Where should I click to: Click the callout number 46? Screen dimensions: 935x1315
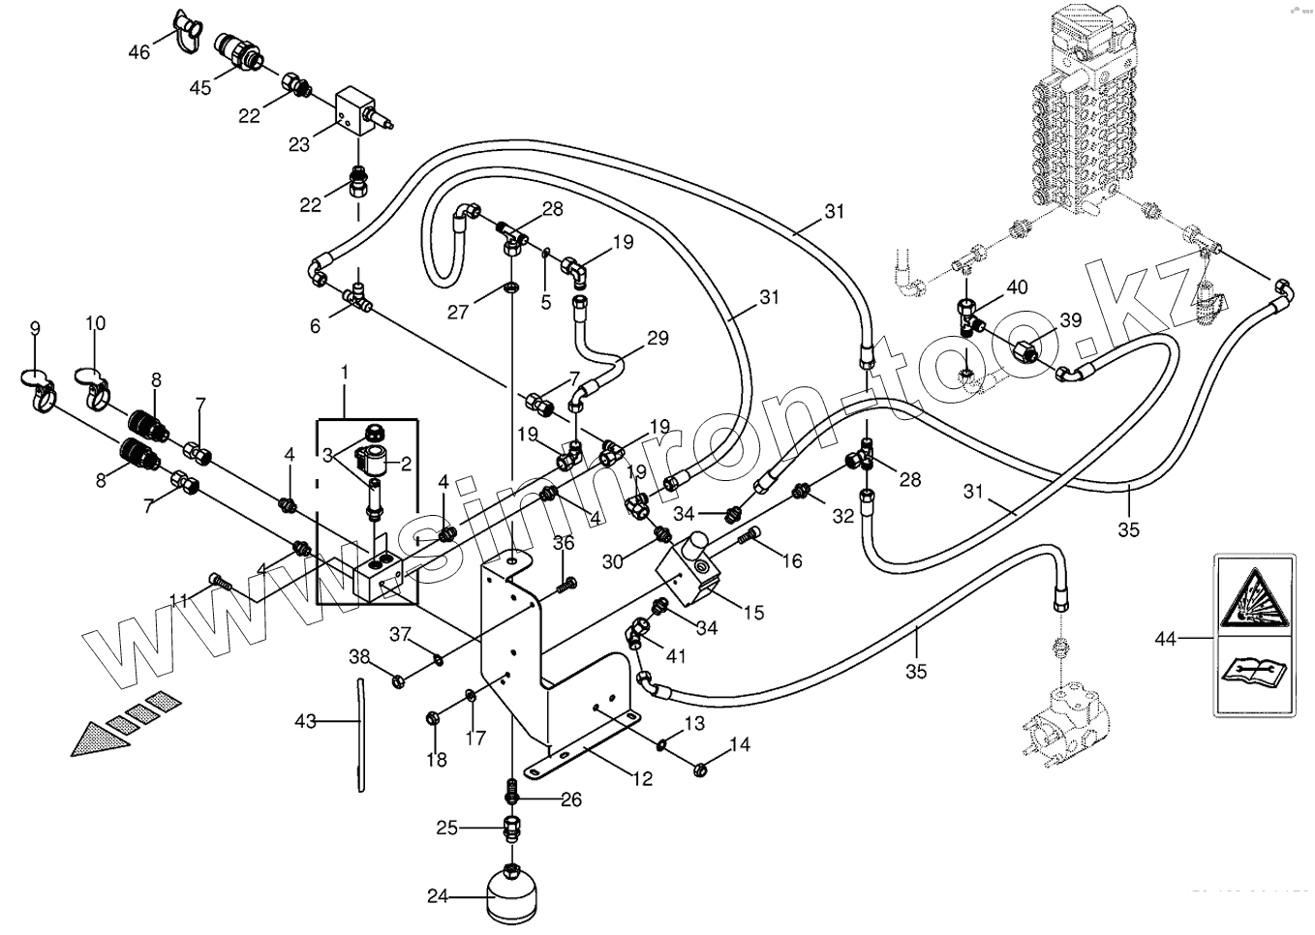[x=139, y=52]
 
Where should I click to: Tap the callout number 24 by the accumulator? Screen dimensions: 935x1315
[x=439, y=896]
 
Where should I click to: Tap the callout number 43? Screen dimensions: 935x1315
[x=306, y=721]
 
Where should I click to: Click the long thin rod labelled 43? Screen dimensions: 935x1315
[x=360, y=735]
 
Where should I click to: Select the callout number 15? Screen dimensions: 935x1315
[x=752, y=612]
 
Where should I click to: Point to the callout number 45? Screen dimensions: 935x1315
[x=200, y=88]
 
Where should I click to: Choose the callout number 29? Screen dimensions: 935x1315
[x=657, y=339]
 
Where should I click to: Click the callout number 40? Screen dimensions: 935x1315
[x=1017, y=287]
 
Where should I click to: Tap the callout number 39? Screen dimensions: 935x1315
[x=1070, y=320]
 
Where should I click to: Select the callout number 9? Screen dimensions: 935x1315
[x=36, y=329]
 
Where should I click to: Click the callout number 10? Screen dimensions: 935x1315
[x=96, y=323]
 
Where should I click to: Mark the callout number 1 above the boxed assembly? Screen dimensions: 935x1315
[x=343, y=372]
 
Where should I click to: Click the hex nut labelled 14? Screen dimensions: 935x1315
[x=701, y=769]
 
